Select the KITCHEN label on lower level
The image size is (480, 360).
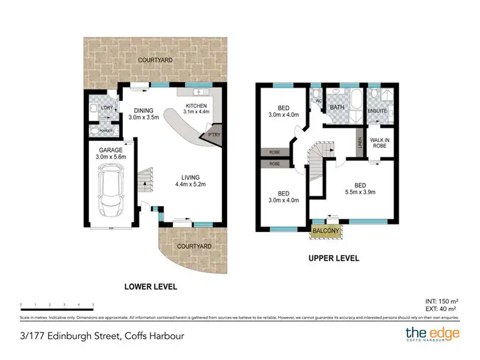[x=196, y=106]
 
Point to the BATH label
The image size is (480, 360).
[x=337, y=107]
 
